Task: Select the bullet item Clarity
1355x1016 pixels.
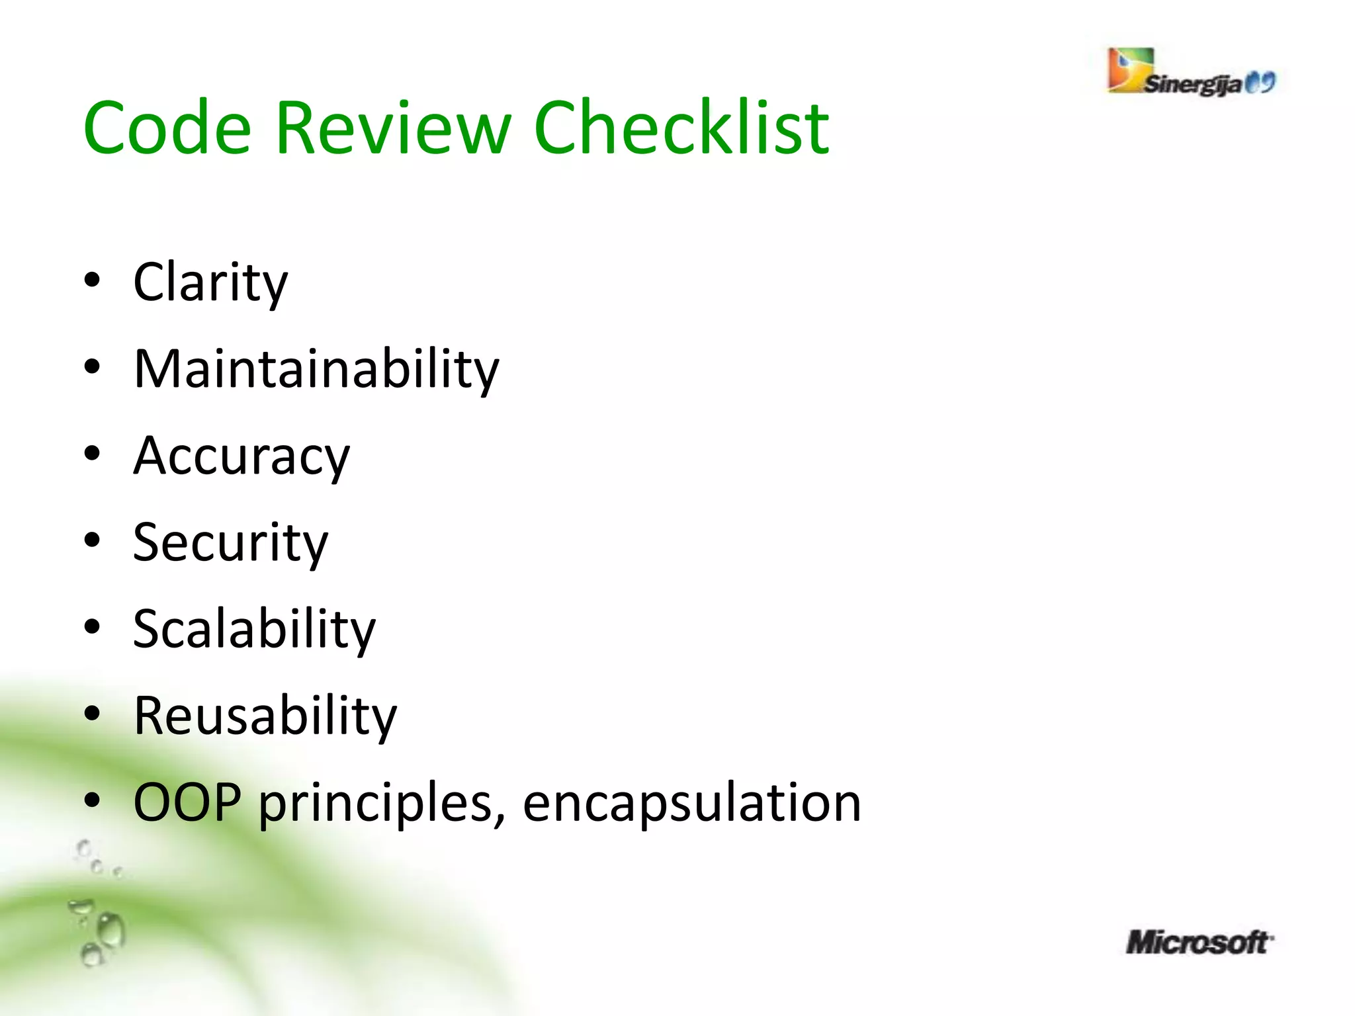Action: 210,282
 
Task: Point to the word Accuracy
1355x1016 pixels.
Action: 241,456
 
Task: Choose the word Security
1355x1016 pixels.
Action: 230,543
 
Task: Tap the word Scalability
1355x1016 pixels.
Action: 254,629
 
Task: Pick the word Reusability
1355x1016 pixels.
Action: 265,716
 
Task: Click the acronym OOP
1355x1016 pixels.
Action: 187,802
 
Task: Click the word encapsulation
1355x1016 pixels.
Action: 691,802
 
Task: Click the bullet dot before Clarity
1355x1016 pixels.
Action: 92,280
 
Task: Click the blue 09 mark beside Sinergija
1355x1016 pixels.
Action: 1260,83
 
